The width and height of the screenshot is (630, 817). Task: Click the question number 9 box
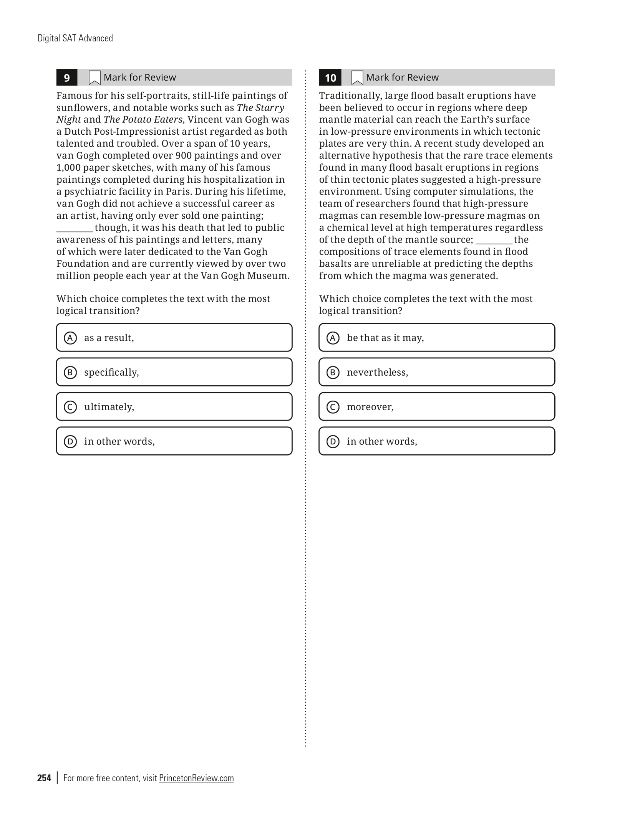[x=67, y=78]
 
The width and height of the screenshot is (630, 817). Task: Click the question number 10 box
[x=330, y=78]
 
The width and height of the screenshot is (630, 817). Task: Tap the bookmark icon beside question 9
[x=94, y=78]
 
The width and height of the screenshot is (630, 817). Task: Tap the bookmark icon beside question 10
[x=357, y=78]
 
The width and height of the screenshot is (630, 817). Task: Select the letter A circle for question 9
[x=70, y=338]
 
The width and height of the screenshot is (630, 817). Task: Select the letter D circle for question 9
[x=70, y=441]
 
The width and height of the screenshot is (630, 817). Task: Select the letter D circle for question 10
[x=333, y=441]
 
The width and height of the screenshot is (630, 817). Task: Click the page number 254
[x=44, y=778]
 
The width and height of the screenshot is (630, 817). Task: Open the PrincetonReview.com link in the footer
[x=196, y=778]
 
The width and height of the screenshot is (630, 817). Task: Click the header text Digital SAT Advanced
[x=75, y=38]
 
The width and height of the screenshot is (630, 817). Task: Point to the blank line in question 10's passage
[x=494, y=242]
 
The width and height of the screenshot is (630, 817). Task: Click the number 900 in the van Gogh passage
[x=184, y=155]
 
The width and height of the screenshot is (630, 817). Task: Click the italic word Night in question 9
[x=68, y=119]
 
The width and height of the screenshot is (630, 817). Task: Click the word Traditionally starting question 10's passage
[x=349, y=96]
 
